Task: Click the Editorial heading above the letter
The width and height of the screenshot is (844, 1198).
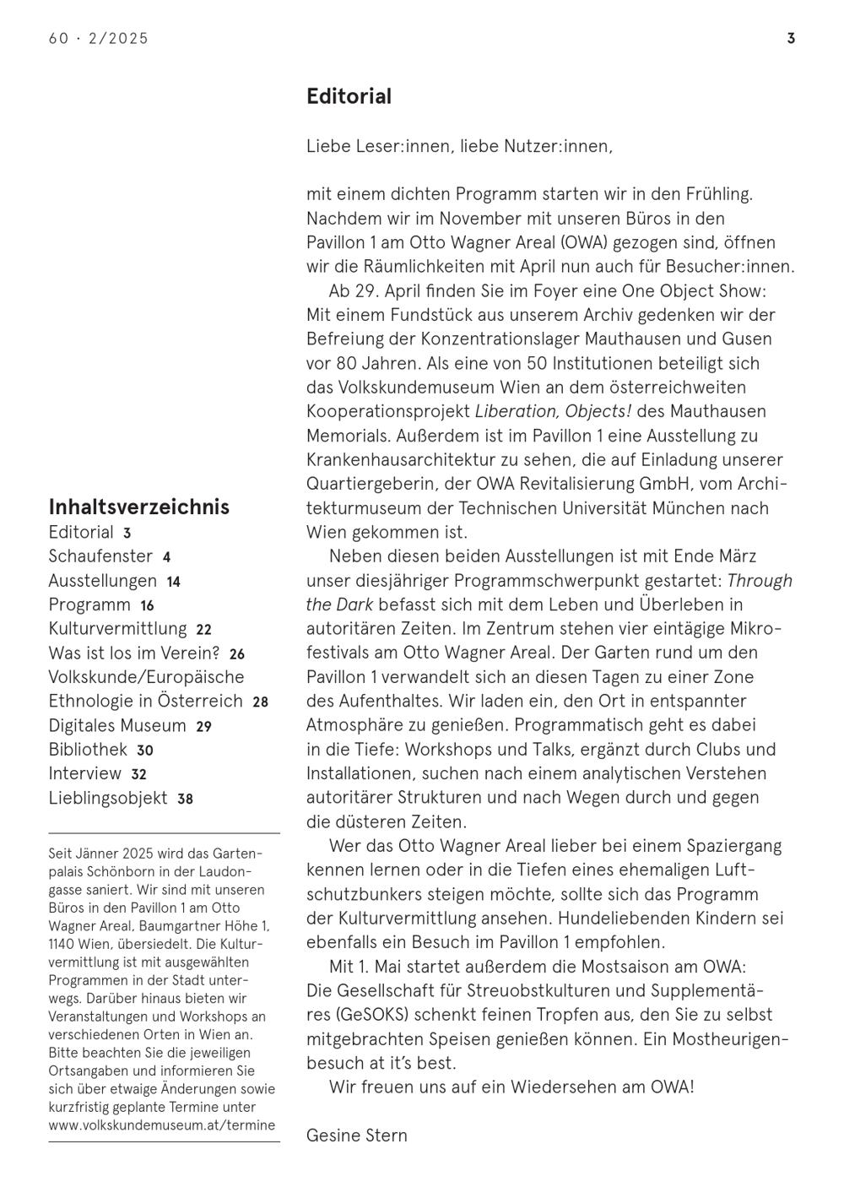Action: click(349, 96)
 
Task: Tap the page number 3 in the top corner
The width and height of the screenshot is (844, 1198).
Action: click(791, 38)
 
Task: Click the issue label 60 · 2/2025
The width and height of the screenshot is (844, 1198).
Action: click(99, 38)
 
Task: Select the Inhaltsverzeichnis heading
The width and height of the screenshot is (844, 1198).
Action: click(138, 507)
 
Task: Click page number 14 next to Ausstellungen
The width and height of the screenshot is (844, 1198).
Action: click(173, 582)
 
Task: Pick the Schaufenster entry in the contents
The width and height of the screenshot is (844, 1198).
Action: click(100, 556)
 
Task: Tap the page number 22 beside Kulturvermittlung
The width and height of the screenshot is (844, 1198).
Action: click(203, 630)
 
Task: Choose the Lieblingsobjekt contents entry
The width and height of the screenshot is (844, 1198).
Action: click(108, 798)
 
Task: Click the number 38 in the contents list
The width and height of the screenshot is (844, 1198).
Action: click(185, 799)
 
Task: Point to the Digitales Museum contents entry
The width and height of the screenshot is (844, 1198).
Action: click(117, 725)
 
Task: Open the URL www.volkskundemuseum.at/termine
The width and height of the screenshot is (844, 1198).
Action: click(161, 1125)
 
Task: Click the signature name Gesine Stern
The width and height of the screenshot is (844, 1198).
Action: click(356, 1136)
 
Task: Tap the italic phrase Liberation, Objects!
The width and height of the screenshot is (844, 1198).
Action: click(553, 411)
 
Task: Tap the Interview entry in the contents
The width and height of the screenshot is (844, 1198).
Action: click(85, 773)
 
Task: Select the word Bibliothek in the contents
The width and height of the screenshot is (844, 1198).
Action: click(88, 750)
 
